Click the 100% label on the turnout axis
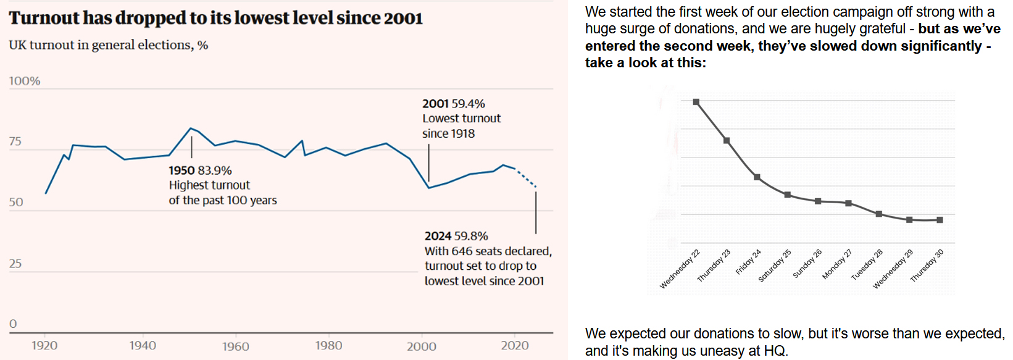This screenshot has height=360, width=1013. (x=25, y=81)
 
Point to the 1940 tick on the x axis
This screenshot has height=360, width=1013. (x=143, y=346)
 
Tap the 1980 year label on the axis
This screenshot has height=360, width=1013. (x=328, y=346)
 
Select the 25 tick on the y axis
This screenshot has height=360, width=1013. (x=15, y=264)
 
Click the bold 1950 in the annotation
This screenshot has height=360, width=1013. (x=181, y=170)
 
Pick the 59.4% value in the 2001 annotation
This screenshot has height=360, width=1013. (x=469, y=104)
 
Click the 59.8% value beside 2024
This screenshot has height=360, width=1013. (x=471, y=236)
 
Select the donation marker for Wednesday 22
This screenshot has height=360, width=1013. (x=696, y=102)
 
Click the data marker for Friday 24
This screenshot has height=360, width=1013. (x=757, y=177)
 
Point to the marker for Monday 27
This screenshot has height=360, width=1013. (x=849, y=203)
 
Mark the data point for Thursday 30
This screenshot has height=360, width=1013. (x=940, y=220)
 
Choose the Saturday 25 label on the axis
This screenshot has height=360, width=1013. (x=775, y=266)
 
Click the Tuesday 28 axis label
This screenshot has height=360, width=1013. (x=867, y=265)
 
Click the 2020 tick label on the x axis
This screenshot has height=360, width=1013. (x=515, y=346)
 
